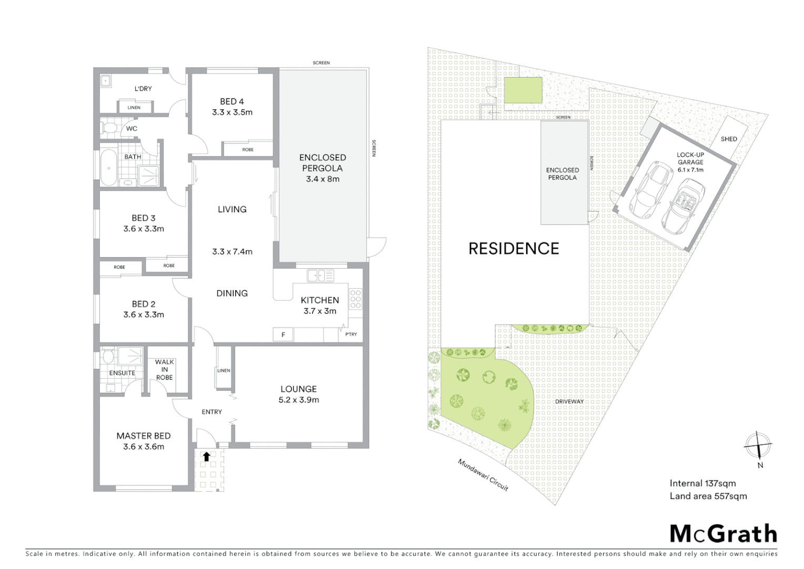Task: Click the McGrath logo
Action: click(x=723, y=534)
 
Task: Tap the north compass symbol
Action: click(x=758, y=446)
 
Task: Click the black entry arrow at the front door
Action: click(x=207, y=456)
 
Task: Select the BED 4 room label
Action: click(x=232, y=102)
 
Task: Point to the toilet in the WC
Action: click(x=109, y=128)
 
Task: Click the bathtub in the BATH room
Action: click(x=108, y=168)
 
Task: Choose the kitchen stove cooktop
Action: click(x=356, y=299)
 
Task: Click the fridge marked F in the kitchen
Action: click(x=283, y=335)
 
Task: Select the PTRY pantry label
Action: click(x=351, y=334)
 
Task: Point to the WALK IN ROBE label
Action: click(x=164, y=369)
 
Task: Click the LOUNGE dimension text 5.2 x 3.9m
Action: click(x=298, y=400)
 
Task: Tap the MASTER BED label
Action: click(x=143, y=436)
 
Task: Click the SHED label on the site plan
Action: click(x=729, y=139)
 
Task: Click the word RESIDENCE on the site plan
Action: click(x=514, y=249)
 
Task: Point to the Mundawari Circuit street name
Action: click(x=483, y=475)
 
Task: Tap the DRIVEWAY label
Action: click(x=569, y=401)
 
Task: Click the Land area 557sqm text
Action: click(x=708, y=496)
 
